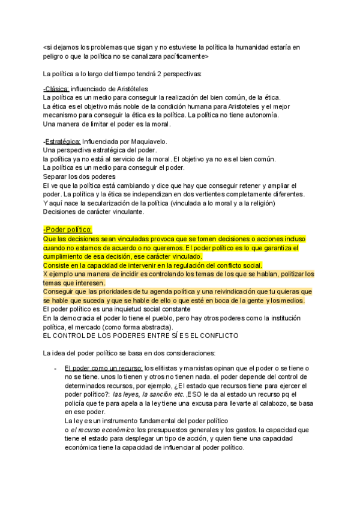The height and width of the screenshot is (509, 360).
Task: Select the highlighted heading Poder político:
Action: (x=68, y=229)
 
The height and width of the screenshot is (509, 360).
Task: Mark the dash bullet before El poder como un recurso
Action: (x=55, y=367)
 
